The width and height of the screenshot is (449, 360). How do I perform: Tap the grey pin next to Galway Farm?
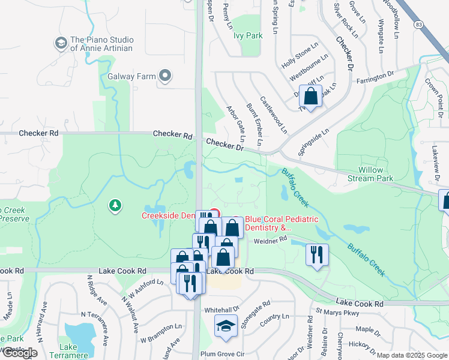tap(165, 76)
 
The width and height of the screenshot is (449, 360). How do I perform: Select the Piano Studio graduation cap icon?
tap(61, 43)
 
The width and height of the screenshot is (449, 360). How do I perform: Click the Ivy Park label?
tap(248, 35)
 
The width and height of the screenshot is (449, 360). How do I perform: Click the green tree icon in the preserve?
tap(115, 206)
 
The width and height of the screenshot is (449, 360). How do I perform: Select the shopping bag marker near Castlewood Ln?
tap(311, 97)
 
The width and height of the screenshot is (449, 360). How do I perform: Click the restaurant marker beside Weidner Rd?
tap(317, 254)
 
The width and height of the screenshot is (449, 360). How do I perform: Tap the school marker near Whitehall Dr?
tap(226, 326)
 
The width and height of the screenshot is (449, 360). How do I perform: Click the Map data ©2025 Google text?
tap(412, 355)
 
